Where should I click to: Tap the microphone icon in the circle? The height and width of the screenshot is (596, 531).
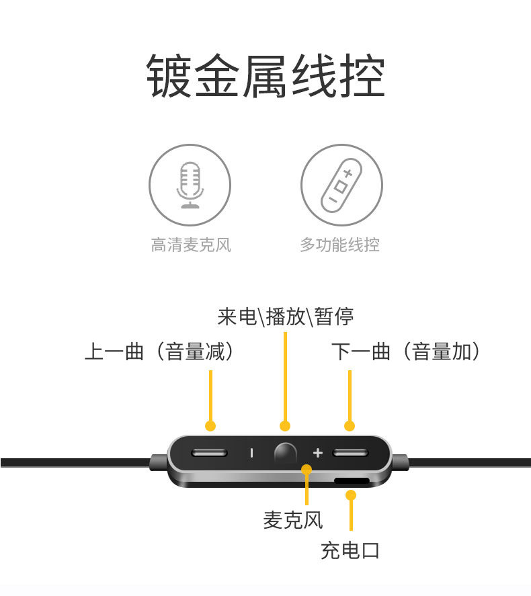click(x=190, y=185)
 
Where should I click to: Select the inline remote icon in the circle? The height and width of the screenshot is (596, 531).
click(x=341, y=185)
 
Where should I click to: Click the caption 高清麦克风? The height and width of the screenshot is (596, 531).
click(x=191, y=245)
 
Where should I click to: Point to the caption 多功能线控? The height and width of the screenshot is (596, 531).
click(x=339, y=245)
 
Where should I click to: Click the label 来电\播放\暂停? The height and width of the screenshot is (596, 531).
click(x=286, y=316)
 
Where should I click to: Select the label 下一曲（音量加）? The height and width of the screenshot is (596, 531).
click(x=406, y=351)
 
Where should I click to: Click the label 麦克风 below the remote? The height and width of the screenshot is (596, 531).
click(x=293, y=519)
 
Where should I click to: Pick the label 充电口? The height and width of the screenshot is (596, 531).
click(x=350, y=551)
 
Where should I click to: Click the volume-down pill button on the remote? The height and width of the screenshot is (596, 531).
click(x=209, y=452)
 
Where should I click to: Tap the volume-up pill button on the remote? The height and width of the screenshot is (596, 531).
click(x=349, y=452)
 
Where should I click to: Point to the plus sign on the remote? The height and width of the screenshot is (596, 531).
click(x=318, y=452)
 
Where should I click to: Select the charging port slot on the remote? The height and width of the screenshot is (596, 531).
click(x=351, y=481)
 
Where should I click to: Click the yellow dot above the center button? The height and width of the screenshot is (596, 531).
click(x=285, y=425)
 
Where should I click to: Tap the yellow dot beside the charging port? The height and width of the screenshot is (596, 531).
click(x=350, y=495)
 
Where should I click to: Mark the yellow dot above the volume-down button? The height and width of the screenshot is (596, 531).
click(x=210, y=425)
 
